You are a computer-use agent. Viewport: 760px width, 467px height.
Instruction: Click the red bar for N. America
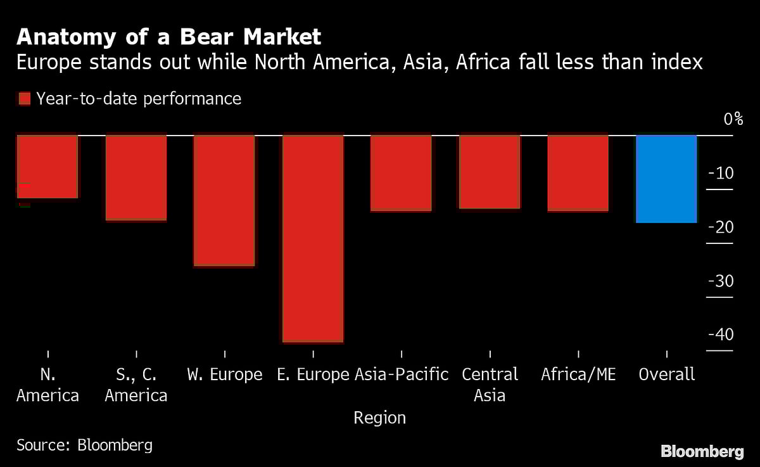pos(47,166)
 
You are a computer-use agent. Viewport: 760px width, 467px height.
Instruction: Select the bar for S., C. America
pos(136,177)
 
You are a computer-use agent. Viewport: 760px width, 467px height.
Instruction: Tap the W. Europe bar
pos(224,200)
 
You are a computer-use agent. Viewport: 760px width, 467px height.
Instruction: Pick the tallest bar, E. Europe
pos(313,238)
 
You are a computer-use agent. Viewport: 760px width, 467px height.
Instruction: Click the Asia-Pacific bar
pos(401,172)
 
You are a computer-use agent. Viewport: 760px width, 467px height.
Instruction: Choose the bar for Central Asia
pos(490,171)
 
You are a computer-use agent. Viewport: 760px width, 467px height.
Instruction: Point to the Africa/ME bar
pos(578,172)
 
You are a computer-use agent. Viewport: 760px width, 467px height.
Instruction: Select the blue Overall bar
pos(666,179)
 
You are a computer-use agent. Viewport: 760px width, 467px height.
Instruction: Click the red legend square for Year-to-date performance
pos(25,99)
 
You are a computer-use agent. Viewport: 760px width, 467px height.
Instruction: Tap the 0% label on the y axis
pos(733,119)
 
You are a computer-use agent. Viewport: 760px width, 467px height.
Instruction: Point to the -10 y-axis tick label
pos(721,173)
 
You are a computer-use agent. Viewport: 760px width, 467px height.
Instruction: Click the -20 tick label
pos(721,227)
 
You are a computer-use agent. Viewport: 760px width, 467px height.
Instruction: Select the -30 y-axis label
pos(721,281)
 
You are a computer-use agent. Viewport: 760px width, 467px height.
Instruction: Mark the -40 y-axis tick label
pos(721,334)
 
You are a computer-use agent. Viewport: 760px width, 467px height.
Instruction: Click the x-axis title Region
pos(380,418)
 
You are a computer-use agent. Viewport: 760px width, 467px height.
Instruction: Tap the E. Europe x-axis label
pos(313,374)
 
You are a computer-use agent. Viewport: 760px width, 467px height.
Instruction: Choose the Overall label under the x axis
pos(666,374)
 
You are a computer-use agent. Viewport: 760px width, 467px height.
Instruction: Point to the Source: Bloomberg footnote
pos(84,445)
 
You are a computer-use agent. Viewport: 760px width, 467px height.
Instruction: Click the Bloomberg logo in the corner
pos(702,452)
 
